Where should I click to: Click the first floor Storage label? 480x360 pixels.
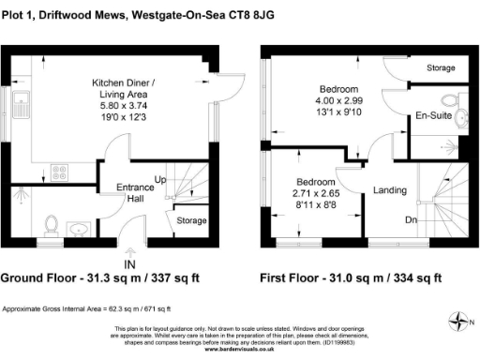[440, 68]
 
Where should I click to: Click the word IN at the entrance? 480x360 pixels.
[129, 251]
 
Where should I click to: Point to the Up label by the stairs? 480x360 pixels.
[160, 179]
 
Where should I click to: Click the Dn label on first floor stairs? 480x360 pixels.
[410, 221]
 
